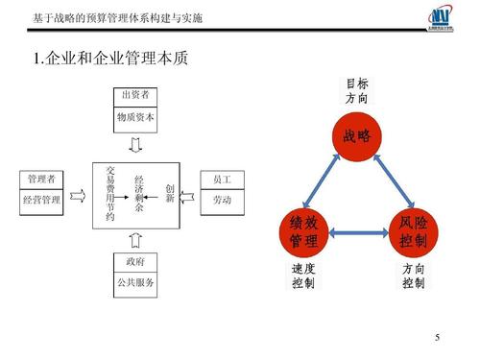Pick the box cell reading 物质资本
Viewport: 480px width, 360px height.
135,118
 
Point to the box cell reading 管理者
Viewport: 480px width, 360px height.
41,180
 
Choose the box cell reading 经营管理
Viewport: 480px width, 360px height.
41,200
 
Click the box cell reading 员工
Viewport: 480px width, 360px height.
223,180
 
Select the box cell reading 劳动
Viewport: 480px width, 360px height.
223,200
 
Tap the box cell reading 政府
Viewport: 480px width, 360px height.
135,261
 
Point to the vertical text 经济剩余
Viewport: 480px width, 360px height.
139,193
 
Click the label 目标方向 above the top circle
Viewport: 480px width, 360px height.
356,91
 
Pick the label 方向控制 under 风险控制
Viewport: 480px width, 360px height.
414,277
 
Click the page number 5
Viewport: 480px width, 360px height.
437,337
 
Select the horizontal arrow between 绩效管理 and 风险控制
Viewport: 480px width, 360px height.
358,231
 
